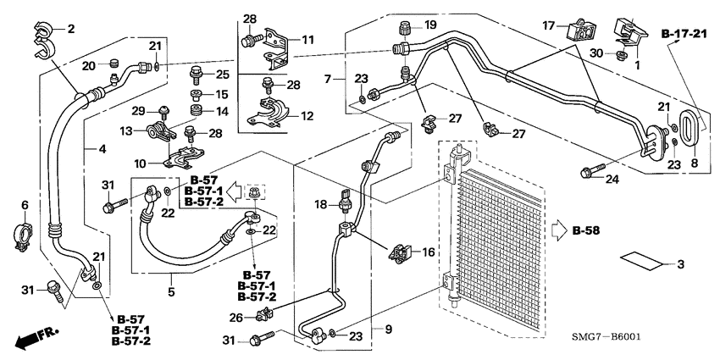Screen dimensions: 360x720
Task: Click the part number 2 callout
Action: (x=71, y=30)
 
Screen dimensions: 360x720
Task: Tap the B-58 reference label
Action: (x=586, y=230)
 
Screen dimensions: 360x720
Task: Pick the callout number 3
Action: (x=678, y=265)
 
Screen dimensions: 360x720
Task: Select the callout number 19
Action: (x=429, y=24)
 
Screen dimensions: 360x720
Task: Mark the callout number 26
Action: (x=236, y=318)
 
